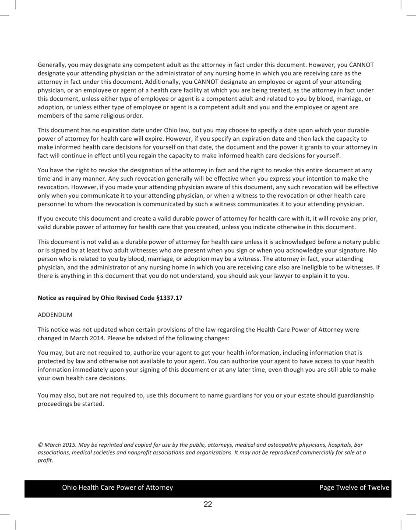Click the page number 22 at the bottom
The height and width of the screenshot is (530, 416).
(x=208, y=504)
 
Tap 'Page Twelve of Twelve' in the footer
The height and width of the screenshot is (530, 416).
(x=354, y=487)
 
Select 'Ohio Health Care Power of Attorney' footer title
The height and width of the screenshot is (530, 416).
(x=117, y=487)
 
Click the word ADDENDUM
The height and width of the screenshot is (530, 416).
(x=55, y=315)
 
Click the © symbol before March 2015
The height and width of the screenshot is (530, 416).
(x=40, y=445)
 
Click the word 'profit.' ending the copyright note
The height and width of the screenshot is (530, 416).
(x=45, y=460)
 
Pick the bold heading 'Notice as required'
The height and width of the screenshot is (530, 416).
(x=66, y=298)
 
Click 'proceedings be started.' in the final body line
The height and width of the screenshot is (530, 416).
(x=71, y=404)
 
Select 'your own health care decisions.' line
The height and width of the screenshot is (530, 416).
(x=82, y=378)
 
